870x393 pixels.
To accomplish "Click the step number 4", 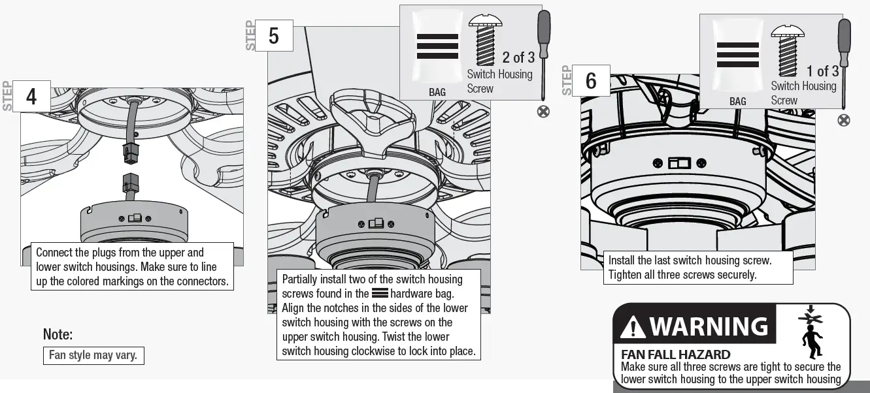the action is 31,97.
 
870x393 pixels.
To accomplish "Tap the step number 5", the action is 273,36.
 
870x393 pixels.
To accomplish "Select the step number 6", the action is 591,81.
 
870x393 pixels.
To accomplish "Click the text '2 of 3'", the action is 518,57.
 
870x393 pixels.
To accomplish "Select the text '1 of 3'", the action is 822,71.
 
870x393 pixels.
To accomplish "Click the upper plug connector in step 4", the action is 129,154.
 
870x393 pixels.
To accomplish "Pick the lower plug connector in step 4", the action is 129,183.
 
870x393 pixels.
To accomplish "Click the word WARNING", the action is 709,326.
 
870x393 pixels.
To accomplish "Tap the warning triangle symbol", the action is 633,327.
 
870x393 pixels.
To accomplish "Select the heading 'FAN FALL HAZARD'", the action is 675,354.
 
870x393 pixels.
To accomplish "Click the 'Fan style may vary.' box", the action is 93,356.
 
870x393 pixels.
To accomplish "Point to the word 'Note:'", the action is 58,335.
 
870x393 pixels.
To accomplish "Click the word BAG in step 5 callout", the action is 437,93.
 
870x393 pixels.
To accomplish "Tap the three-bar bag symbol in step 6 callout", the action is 737,55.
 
